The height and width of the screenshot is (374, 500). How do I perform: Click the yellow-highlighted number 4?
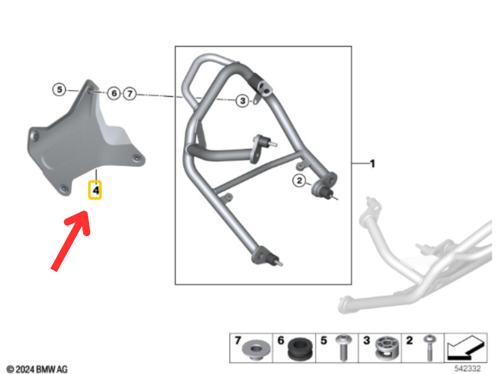95,190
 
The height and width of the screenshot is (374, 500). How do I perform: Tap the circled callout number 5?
59,90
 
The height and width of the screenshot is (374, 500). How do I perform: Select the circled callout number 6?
114,93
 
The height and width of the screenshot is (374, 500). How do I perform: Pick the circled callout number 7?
129,94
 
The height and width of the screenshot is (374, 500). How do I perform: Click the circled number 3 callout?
242,101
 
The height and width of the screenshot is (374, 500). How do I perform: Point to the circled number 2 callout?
299,181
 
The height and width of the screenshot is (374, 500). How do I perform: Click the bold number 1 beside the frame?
372,164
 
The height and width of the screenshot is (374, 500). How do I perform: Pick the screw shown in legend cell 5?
343,348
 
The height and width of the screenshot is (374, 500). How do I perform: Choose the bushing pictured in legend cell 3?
387,348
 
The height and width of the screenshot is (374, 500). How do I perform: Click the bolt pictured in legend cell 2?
430,348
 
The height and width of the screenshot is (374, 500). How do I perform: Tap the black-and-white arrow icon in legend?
466,348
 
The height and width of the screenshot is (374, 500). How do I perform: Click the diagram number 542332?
467,369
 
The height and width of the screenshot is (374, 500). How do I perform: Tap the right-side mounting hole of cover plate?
137,158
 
